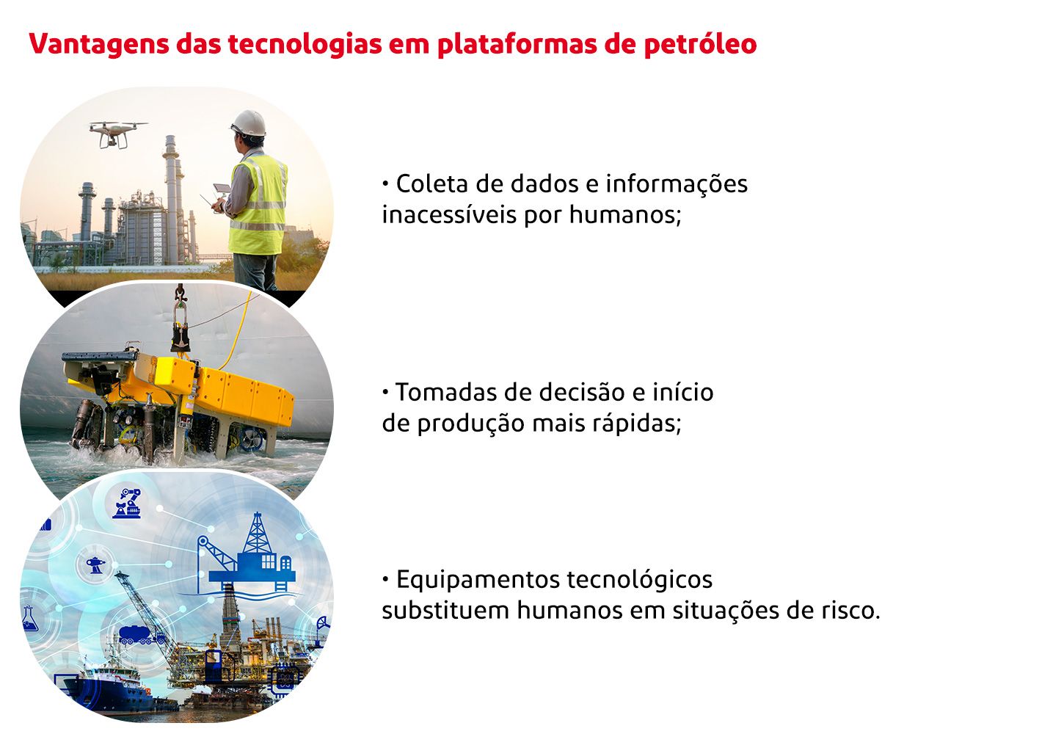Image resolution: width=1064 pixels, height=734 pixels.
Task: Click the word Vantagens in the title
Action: coord(99,45)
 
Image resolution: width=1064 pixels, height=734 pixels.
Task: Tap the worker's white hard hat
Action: coord(249,123)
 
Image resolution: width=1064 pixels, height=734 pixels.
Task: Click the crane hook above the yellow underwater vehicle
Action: coord(180,293)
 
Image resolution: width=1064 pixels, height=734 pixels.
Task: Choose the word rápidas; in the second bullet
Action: coord(636,424)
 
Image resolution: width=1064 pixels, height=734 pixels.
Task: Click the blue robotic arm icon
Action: coord(127,503)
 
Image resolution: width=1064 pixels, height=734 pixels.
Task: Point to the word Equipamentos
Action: coord(478,580)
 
